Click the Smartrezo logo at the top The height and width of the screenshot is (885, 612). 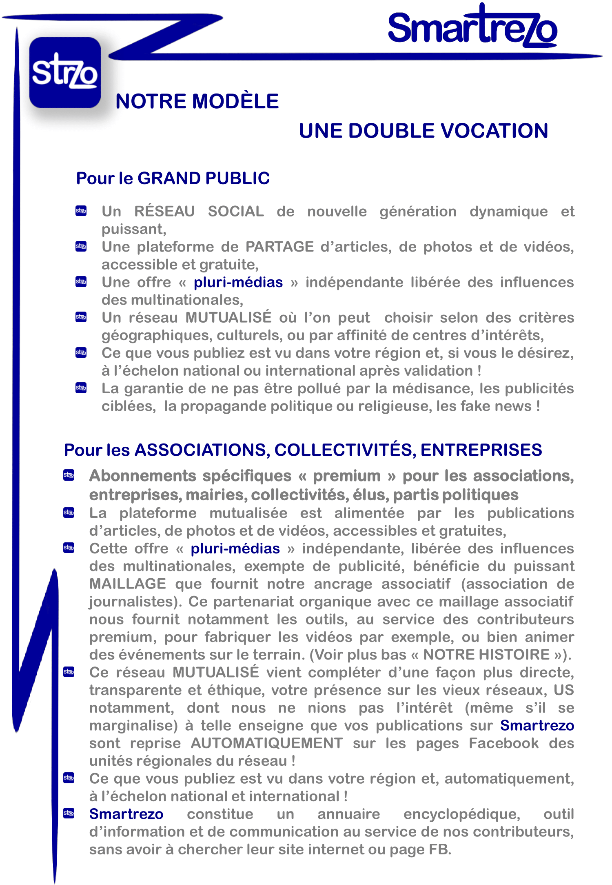472,27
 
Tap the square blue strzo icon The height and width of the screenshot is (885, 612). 65,73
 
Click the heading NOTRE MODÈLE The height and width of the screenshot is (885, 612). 197,101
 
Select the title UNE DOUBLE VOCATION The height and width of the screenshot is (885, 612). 423,131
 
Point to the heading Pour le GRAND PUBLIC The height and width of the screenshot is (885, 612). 173,178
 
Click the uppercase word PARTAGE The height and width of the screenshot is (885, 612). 279,247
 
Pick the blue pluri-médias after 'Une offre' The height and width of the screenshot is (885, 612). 238,282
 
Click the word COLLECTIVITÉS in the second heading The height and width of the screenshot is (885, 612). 345,450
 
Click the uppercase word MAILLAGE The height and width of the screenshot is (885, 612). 128,584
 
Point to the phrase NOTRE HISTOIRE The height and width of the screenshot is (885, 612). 486,655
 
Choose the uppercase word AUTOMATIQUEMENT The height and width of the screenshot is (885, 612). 267,743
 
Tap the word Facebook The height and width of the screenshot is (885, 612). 503,743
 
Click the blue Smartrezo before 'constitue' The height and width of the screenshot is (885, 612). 126,814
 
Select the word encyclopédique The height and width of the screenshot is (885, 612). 462,814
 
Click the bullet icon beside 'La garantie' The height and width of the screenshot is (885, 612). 81,388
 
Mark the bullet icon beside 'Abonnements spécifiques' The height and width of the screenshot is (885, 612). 69,475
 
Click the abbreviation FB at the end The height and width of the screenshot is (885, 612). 439,849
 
